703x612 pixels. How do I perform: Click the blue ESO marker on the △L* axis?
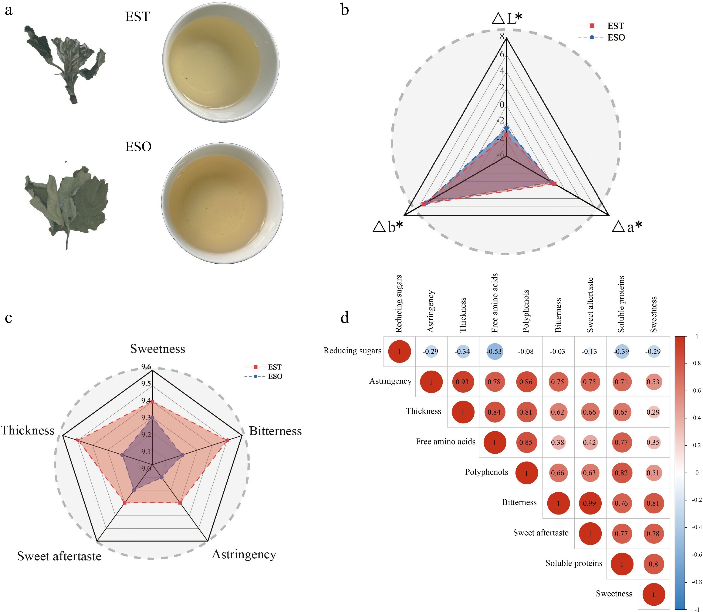click(507, 128)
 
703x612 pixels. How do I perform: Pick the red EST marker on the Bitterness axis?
click(227, 441)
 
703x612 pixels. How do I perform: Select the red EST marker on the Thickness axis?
click(78, 441)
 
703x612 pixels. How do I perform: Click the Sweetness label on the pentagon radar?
click(158, 349)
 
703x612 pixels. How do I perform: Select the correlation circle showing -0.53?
click(494, 351)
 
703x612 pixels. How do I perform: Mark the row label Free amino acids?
click(446, 441)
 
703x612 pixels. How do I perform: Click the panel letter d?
click(345, 318)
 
